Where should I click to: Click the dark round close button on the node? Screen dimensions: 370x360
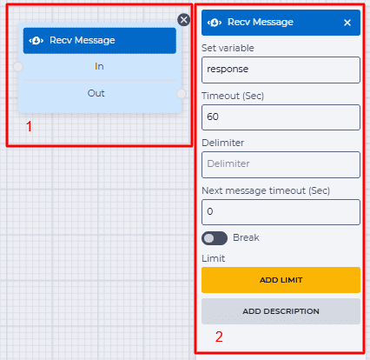183,20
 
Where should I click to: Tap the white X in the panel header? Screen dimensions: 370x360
347,23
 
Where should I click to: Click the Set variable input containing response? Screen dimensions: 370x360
281,70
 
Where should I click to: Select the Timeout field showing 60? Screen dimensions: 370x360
281,117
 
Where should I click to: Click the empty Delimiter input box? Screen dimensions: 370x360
281,164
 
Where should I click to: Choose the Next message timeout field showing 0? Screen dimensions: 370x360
281,212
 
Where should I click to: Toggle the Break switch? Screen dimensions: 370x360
215,238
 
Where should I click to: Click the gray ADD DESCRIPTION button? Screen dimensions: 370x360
281,311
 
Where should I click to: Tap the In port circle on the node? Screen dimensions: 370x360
18,67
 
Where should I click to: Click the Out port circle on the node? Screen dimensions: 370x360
182,94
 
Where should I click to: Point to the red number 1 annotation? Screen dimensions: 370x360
29,127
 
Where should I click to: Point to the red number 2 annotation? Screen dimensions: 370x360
219,337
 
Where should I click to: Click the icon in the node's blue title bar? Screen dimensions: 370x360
36,41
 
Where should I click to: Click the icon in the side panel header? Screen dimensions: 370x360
215,23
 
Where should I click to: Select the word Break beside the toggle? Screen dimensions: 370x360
246,237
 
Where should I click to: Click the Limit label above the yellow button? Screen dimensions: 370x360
214,258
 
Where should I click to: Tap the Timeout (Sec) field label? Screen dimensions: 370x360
233,96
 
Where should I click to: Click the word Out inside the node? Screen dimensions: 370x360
96,93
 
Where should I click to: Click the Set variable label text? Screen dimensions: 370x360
228,48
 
